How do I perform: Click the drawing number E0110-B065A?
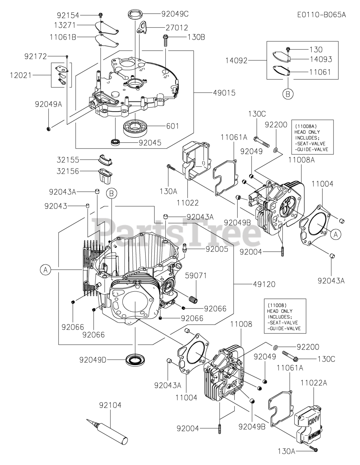point(321,15)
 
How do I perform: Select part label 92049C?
point(175,14)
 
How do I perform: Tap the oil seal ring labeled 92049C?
point(135,14)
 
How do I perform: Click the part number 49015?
point(224,93)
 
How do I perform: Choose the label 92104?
point(110,405)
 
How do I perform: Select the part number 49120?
point(264,284)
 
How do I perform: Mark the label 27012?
point(177,28)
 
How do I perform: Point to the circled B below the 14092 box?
point(288,94)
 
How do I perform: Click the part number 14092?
point(236,61)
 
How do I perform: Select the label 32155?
point(68,160)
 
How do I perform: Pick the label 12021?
point(21,75)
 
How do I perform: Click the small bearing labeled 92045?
point(115,142)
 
